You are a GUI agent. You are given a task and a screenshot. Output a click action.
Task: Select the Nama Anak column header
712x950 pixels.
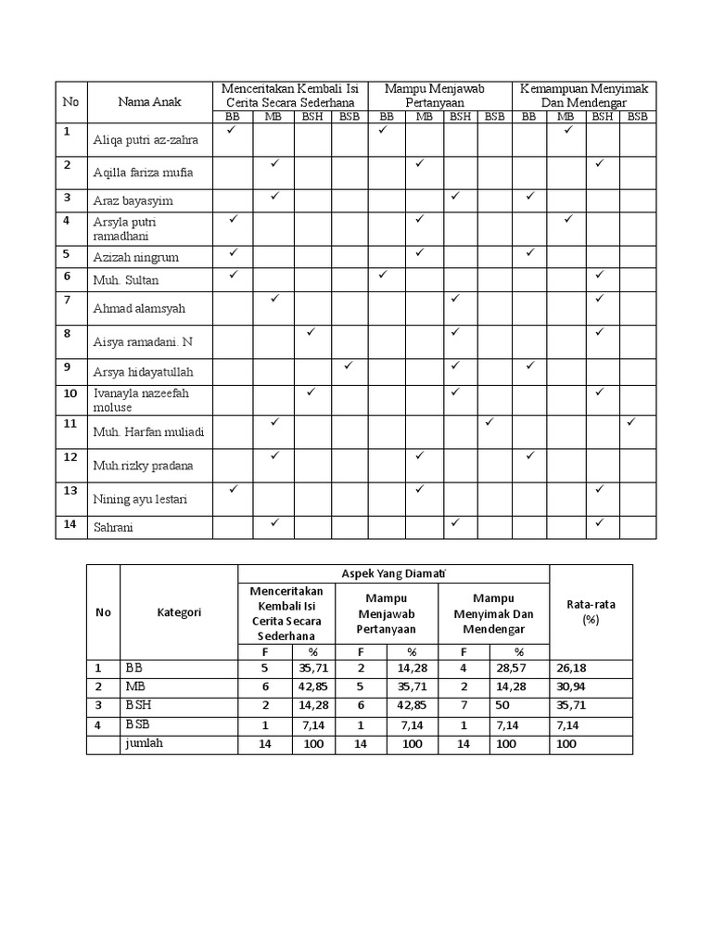pyautogui.click(x=148, y=102)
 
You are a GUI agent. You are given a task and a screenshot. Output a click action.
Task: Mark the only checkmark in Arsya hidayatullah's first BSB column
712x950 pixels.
pyautogui.click(x=349, y=366)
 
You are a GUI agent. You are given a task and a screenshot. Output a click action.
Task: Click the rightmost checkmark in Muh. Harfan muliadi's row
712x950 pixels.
pyautogui.click(x=631, y=422)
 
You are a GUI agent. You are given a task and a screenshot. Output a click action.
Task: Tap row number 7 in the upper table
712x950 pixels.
pyautogui.click(x=68, y=300)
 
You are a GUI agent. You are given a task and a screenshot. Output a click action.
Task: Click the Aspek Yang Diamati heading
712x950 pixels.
pyautogui.click(x=393, y=573)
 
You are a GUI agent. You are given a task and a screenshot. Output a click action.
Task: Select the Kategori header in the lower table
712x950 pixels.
pyautogui.click(x=179, y=612)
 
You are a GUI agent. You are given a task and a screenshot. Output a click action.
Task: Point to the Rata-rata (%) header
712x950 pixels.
pyautogui.click(x=591, y=611)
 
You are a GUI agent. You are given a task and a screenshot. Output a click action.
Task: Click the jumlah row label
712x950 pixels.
pyautogui.click(x=143, y=743)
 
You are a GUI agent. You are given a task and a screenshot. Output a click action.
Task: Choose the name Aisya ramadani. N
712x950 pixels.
pyautogui.click(x=143, y=342)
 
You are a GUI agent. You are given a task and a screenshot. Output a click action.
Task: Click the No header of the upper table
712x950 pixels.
pyautogui.click(x=70, y=102)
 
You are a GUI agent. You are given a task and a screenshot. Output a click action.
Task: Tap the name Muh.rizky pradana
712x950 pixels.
pyautogui.click(x=143, y=466)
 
